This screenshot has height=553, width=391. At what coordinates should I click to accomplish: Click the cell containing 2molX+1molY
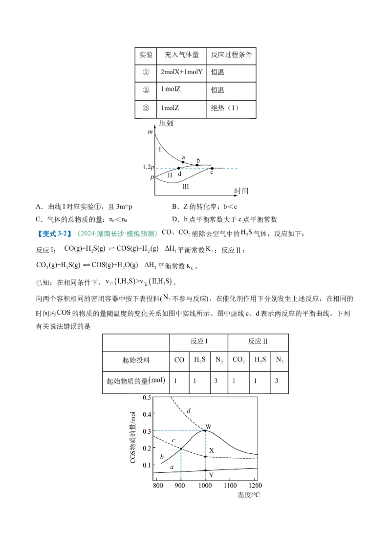pos(181,72)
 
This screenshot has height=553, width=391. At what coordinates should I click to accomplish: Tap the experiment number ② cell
pos(146,90)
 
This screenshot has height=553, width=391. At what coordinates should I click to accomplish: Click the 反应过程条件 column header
pos(231,55)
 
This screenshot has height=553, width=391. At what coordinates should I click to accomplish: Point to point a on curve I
pos(183,162)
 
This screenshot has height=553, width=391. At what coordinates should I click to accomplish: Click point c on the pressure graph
pos(212,168)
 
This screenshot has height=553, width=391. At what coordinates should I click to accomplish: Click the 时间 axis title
pos(241,191)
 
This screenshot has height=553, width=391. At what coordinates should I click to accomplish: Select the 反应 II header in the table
pos(258,341)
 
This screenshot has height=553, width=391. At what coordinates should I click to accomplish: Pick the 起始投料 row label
pos(136,361)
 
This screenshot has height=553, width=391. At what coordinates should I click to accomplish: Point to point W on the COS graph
pos(205,430)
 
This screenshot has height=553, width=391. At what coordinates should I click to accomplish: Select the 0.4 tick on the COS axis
pos(146,414)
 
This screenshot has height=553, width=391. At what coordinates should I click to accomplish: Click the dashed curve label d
pos(189,410)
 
